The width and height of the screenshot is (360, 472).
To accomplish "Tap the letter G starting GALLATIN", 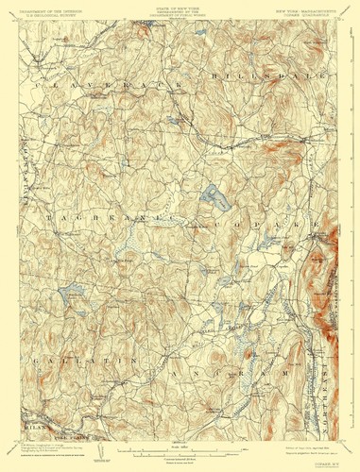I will [x=35, y=362].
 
